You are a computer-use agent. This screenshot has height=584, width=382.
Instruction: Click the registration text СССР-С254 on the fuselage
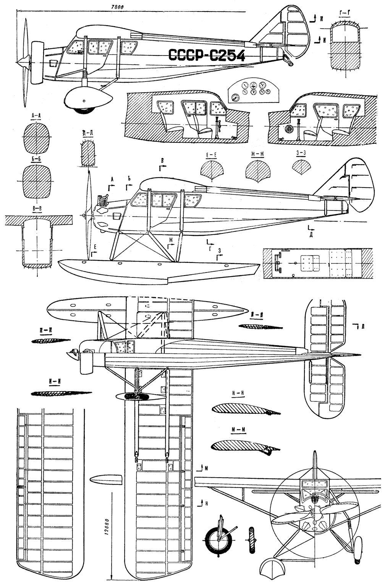tap(206, 55)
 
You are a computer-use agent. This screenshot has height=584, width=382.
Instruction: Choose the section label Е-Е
tap(211, 155)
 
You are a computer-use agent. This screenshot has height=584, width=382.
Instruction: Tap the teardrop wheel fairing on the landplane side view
tap(87, 98)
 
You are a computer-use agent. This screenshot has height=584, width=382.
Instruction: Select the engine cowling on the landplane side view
tap(37, 62)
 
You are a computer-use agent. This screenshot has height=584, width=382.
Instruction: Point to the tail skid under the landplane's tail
tap(288, 60)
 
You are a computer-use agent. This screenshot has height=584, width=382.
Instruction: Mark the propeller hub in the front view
tap(314, 512)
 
